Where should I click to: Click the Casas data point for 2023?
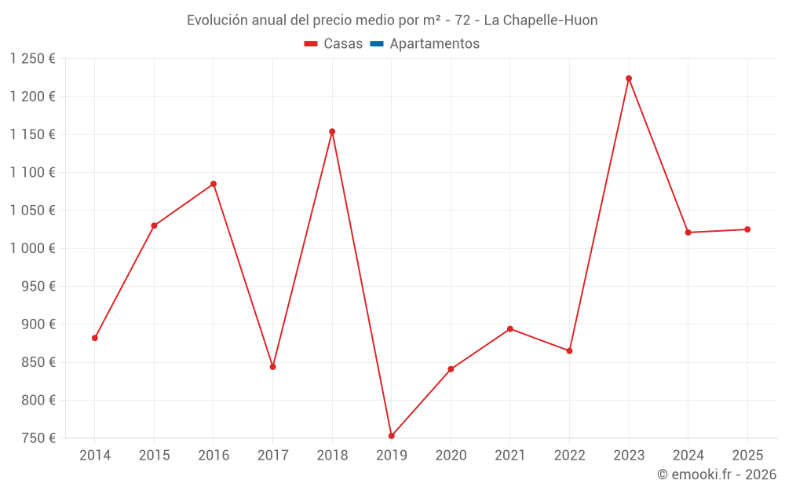click(629, 79)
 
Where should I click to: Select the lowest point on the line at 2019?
click(391, 436)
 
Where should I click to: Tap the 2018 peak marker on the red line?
click(332, 132)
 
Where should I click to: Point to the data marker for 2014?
click(95, 338)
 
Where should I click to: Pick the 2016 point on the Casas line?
click(214, 184)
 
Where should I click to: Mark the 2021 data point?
click(510, 329)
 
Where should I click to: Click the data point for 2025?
click(747, 229)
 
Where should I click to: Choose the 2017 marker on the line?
click(272, 367)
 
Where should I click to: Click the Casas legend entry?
click(334, 44)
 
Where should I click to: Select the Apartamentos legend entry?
click(434, 44)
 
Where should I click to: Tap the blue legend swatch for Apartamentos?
click(376, 44)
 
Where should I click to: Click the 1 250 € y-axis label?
click(33, 59)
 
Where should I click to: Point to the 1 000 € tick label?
click(33, 248)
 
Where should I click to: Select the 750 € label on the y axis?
click(39, 438)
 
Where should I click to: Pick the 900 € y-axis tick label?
click(39, 324)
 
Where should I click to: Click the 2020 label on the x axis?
click(451, 456)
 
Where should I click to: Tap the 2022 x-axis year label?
click(569, 456)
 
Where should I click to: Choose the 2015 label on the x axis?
click(154, 456)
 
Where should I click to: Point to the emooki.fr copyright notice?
click(716, 475)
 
